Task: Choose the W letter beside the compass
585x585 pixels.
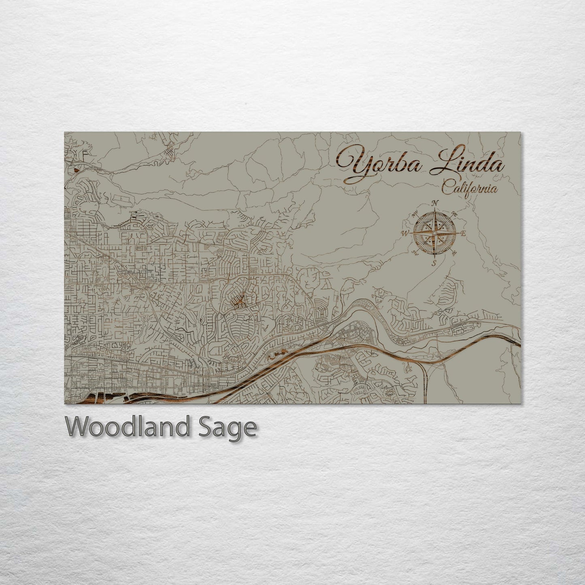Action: click(x=405, y=233)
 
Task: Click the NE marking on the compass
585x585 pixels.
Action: click(x=454, y=214)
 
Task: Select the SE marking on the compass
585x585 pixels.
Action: click(x=453, y=253)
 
